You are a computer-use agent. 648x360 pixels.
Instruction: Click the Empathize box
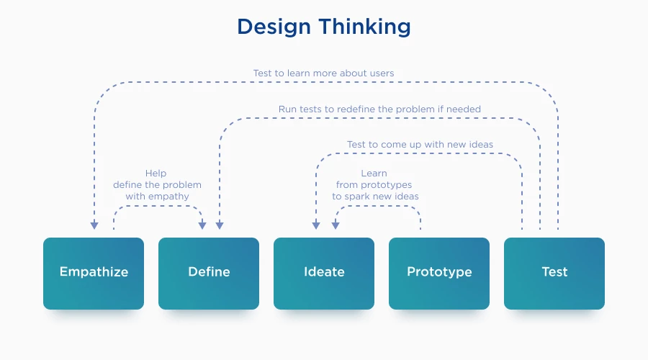[94, 272]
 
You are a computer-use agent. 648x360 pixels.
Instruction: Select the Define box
[209, 272]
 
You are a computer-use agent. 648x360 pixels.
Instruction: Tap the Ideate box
[324, 272]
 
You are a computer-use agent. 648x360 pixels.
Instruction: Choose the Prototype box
[439, 272]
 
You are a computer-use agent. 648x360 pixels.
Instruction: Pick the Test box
[554, 272]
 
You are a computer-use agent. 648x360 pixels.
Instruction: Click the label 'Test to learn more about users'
[323, 73]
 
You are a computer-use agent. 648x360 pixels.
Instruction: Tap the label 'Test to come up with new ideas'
[420, 145]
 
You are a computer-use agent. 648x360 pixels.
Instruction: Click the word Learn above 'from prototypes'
[374, 174]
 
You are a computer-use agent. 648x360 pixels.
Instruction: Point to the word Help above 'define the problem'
[156, 174]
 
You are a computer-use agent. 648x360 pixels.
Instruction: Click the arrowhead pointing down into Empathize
[94, 225]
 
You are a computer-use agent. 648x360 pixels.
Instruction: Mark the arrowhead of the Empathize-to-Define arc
[202, 225]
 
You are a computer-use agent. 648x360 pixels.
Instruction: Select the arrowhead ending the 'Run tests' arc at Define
[220, 225]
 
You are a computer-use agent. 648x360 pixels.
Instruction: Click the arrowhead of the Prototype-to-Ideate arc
[335, 225]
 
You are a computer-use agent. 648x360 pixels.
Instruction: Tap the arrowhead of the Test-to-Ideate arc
[316, 225]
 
